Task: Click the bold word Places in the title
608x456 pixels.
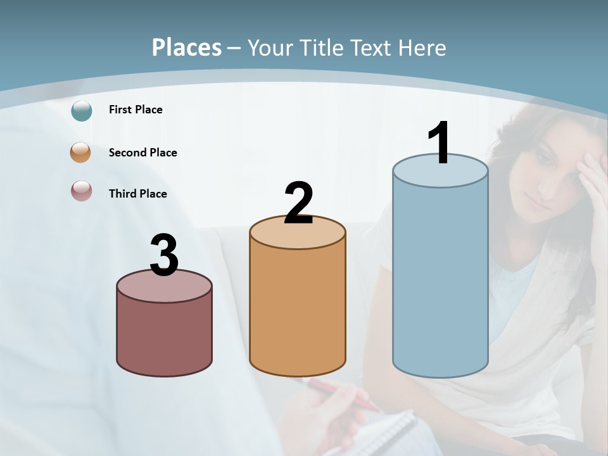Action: click(x=187, y=47)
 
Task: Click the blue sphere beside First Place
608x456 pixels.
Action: click(x=82, y=110)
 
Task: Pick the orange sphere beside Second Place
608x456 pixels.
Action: click(x=81, y=153)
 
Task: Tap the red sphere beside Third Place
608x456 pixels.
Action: click(x=81, y=191)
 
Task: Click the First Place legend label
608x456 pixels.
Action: click(x=136, y=110)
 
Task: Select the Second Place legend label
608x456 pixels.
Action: click(x=142, y=153)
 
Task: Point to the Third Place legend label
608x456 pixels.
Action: click(x=137, y=194)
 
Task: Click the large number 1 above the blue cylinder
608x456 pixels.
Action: click(x=440, y=142)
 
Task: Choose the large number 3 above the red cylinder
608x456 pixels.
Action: click(x=164, y=255)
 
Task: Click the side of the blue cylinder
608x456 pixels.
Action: click(x=440, y=279)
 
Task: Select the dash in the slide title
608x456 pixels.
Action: click(x=234, y=49)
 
